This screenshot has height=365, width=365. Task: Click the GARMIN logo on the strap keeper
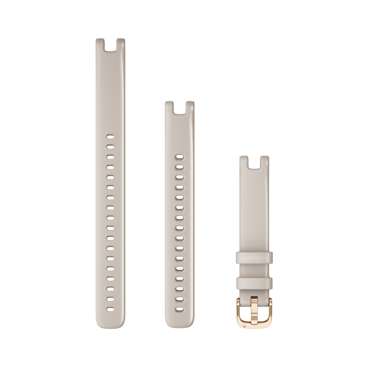[x=254, y=258]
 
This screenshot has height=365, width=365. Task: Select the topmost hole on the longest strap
[x=110, y=137]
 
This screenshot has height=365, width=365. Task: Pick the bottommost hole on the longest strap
[x=110, y=309]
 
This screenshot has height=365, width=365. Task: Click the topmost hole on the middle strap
[x=180, y=157]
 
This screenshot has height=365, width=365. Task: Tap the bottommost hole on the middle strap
[x=180, y=309]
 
